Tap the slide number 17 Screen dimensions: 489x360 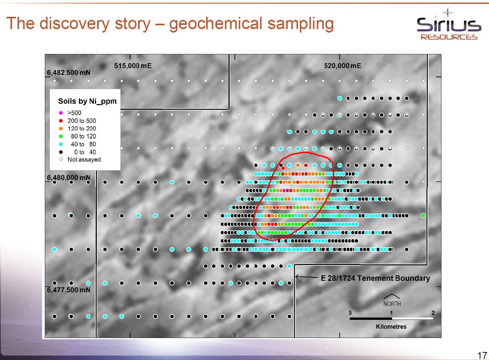(x=482, y=355)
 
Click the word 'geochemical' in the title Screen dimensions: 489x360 (x=215, y=24)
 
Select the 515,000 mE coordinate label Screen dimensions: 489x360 (x=133, y=66)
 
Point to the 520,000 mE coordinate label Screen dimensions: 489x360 (x=342, y=66)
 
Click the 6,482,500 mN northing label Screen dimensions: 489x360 (x=68, y=73)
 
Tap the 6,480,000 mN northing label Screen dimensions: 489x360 (x=68, y=178)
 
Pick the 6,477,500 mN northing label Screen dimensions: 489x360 (x=68, y=290)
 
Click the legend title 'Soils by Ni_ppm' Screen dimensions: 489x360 (x=87, y=101)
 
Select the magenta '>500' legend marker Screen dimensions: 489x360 (x=61, y=113)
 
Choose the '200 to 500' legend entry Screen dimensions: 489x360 (x=78, y=121)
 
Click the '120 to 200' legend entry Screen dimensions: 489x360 (x=78, y=129)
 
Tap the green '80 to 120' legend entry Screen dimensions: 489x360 (x=78, y=136)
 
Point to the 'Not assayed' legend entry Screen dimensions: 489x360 (x=80, y=160)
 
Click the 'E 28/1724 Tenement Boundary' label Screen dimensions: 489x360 (x=375, y=278)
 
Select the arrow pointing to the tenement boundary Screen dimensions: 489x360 (x=306, y=277)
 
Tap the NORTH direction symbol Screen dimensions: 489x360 (x=392, y=300)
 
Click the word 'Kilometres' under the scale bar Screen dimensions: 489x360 (x=391, y=327)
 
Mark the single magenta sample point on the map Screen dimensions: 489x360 (x=284, y=191)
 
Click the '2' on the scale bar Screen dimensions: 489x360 (x=433, y=313)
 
